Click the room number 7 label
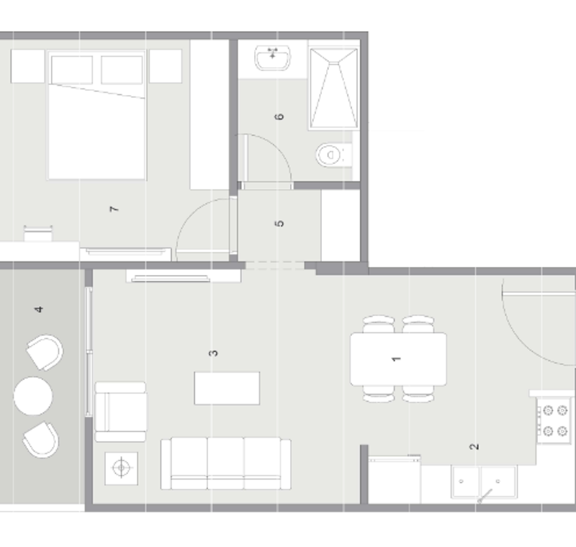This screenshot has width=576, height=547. click(x=114, y=209)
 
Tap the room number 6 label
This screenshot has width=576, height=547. click(x=279, y=117)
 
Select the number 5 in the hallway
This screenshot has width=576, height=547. click(x=279, y=223)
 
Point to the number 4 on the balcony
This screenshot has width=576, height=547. click(x=39, y=309)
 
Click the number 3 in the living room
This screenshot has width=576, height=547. click(x=213, y=353)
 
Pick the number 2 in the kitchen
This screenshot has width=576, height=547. click(x=474, y=446)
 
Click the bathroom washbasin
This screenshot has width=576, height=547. click(x=273, y=58)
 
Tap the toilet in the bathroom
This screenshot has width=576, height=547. click(x=334, y=155)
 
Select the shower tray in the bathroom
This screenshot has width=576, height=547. click(x=334, y=88)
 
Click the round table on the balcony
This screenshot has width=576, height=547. click(x=33, y=396)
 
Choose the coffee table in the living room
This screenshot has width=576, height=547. click(x=227, y=388)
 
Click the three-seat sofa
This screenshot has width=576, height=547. click(x=226, y=464)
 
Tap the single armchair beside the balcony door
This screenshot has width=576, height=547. click(x=120, y=412)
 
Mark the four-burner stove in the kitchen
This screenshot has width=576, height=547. click(x=554, y=420)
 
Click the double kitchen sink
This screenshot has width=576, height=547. click(x=484, y=482)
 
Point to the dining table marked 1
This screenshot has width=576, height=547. click(x=398, y=359)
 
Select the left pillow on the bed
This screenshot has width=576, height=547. click(x=72, y=70)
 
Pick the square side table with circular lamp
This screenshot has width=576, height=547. click(x=121, y=468)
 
